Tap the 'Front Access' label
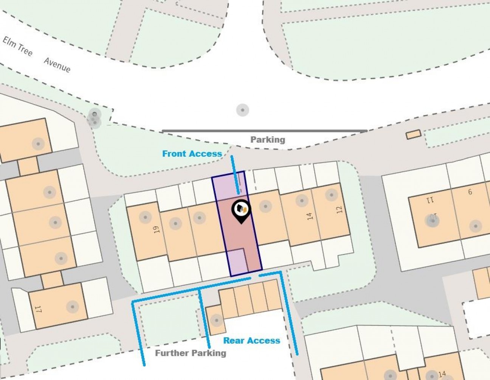click(192, 154)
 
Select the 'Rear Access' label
click(251, 341)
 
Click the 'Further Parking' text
click(191, 353)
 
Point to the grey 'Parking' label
click(268, 140)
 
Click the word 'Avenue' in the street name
click(57, 65)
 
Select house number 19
click(157, 229)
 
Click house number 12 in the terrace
click(339, 209)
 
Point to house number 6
click(470, 192)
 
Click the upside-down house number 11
click(430, 199)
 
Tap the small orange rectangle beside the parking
click(413, 134)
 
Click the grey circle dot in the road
click(242, 110)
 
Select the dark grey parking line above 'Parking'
click(265, 131)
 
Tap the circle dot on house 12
click(331, 195)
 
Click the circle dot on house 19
click(145, 217)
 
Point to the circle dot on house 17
click(72, 306)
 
